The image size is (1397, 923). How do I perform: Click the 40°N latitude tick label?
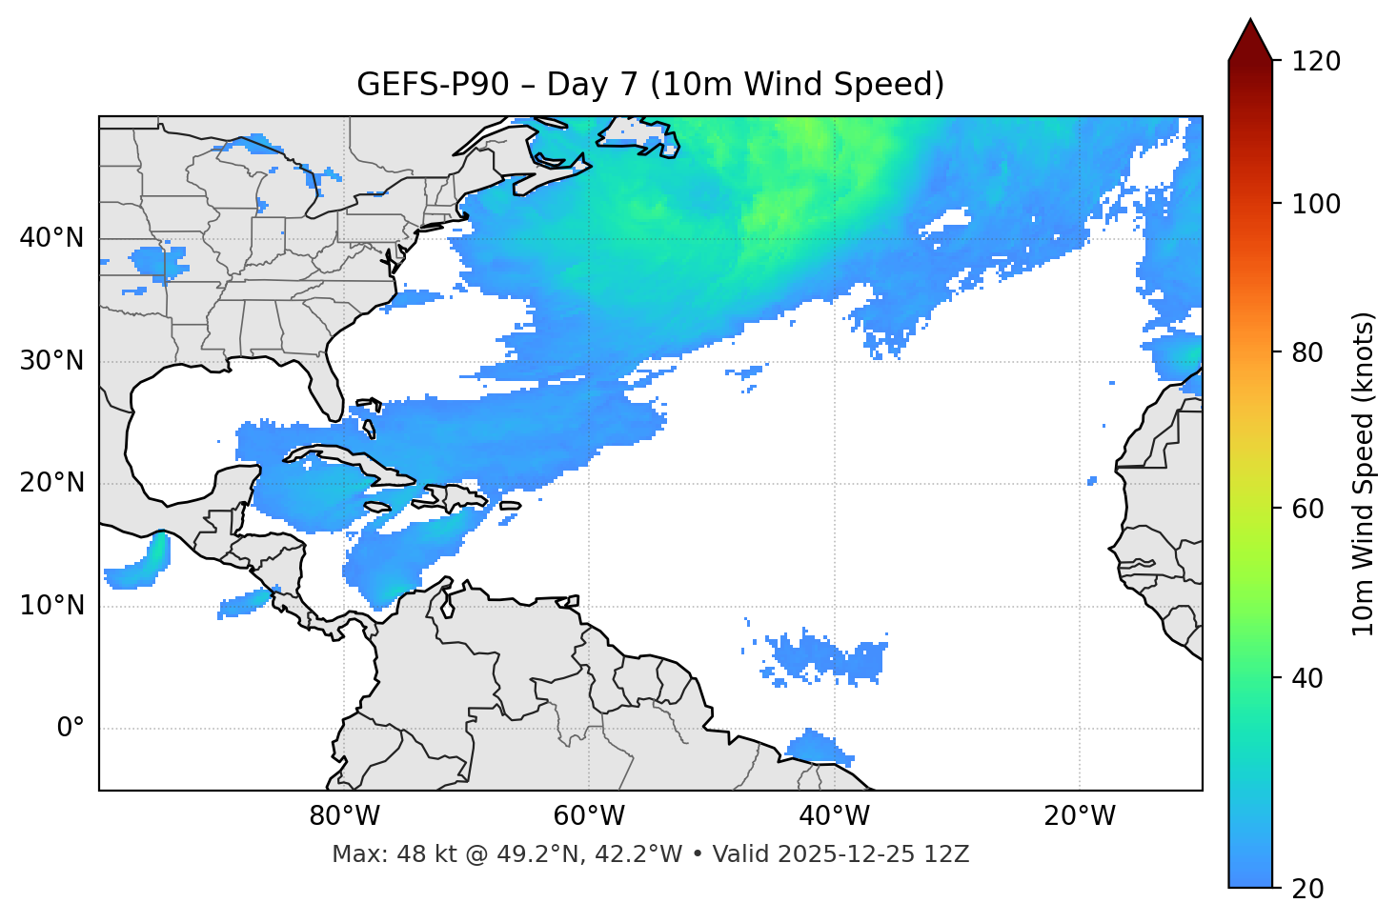(51, 238)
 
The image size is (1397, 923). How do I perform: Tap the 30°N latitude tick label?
(51, 361)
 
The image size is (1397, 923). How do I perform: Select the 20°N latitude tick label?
(51, 483)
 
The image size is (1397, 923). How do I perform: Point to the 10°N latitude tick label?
(51, 606)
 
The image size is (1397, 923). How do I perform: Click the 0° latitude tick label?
(70, 729)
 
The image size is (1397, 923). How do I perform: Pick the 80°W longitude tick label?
(344, 816)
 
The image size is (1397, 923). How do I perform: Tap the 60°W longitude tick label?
(589, 816)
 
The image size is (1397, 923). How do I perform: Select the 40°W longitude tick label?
(834, 816)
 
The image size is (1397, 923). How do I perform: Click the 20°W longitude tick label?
(1079, 816)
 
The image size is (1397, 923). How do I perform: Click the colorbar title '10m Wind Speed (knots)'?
(1364, 473)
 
